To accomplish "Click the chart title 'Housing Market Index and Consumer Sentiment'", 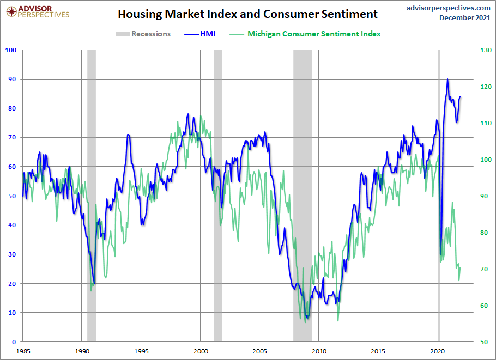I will (247, 14).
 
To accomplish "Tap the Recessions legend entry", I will (143, 34).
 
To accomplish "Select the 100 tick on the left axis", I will (11, 50).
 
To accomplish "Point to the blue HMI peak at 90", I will (447, 79).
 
